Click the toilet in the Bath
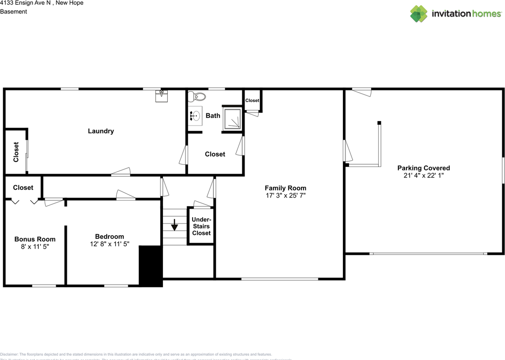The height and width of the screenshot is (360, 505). tap(197, 96)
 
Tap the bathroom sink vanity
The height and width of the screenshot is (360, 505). tap(195, 116)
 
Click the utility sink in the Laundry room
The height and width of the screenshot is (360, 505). tap(161, 95)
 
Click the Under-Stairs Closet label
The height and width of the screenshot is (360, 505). tap(202, 226)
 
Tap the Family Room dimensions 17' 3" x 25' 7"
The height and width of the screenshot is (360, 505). tap(285, 195)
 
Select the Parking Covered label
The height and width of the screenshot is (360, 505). tap(423, 168)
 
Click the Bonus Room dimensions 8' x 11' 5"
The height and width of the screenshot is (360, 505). tap(35, 246)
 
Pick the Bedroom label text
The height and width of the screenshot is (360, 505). tap(109, 236)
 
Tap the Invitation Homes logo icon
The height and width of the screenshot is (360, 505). tap(419, 14)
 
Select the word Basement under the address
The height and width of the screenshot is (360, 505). tap(13, 11)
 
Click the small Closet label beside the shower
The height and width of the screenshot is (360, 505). tap(252, 101)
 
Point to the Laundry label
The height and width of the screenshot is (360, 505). tap(101, 131)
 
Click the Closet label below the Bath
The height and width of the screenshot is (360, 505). tap(215, 154)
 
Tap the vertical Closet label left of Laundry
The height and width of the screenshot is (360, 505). tap(16, 152)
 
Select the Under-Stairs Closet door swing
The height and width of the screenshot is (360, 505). tap(202, 204)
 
